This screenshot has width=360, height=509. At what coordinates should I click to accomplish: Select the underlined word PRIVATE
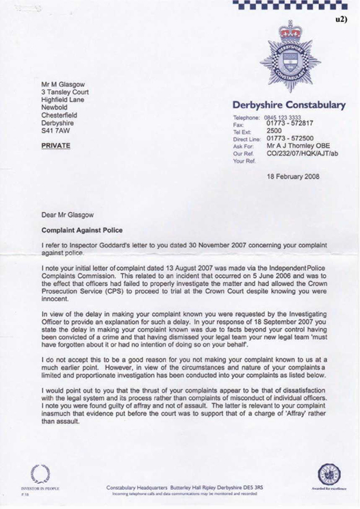[x=57, y=146]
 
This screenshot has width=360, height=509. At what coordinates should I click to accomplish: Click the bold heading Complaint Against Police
[x=82, y=230]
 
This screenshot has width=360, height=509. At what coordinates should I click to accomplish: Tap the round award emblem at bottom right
[x=326, y=474]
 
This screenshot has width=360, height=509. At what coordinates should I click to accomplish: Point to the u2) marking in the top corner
[x=342, y=20]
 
